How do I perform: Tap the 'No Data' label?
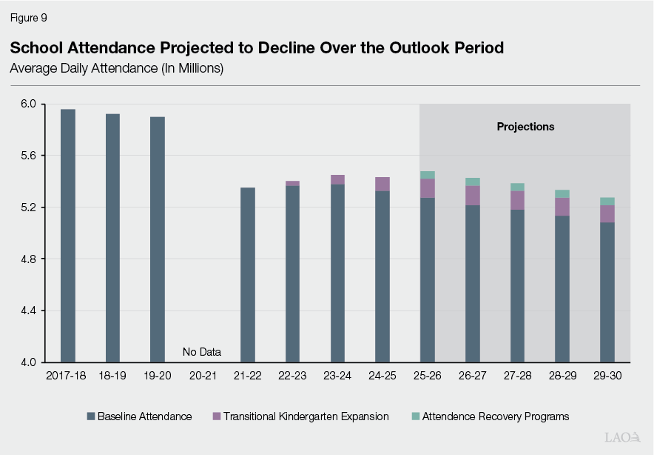tap(202, 352)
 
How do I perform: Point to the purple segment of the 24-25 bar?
tap(382, 184)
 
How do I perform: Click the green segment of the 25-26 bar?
tap(428, 175)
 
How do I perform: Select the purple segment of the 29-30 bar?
tap(607, 213)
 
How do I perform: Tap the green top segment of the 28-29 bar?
tap(562, 193)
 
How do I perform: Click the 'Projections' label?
tap(525, 127)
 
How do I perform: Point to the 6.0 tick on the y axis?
tap(28, 104)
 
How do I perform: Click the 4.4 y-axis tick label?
tap(28, 310)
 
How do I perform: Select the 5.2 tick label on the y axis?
tap(28, 207)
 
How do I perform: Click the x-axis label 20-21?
tap(202, 376)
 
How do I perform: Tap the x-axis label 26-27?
tap(472, 376)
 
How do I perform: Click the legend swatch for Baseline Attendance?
tap(91, 416)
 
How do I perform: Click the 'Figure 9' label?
tap(28, 17)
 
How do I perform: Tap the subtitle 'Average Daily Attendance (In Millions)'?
tap(116, 68)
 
